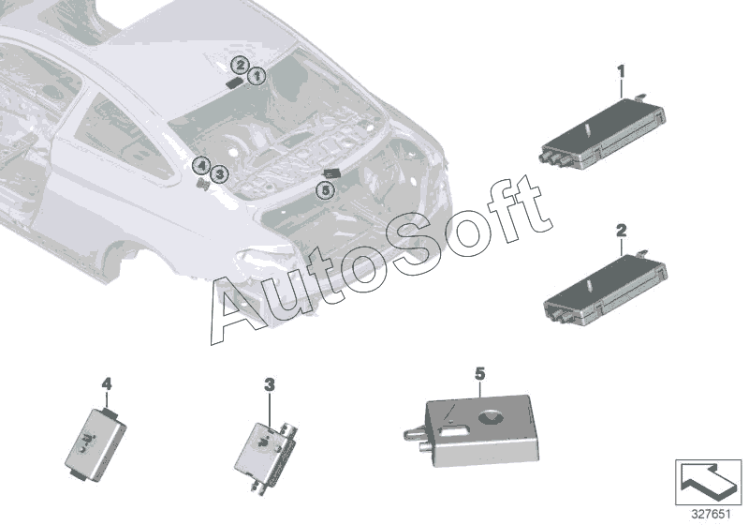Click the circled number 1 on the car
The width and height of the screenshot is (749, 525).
coord(257,73)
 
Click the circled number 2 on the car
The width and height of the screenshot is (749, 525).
coord(241,65)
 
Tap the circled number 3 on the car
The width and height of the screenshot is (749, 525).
coord(218,173)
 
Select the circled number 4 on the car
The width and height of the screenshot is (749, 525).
coord(201,166)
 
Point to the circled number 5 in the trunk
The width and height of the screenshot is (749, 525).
coord(324,190)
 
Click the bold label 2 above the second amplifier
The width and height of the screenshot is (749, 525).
coord(621,229)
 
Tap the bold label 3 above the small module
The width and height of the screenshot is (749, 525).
coord(269,385)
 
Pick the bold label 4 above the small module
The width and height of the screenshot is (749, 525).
coord(106,384)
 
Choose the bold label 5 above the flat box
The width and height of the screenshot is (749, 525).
coord(479,374)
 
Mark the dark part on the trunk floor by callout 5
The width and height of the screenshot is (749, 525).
coord(330,172)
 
